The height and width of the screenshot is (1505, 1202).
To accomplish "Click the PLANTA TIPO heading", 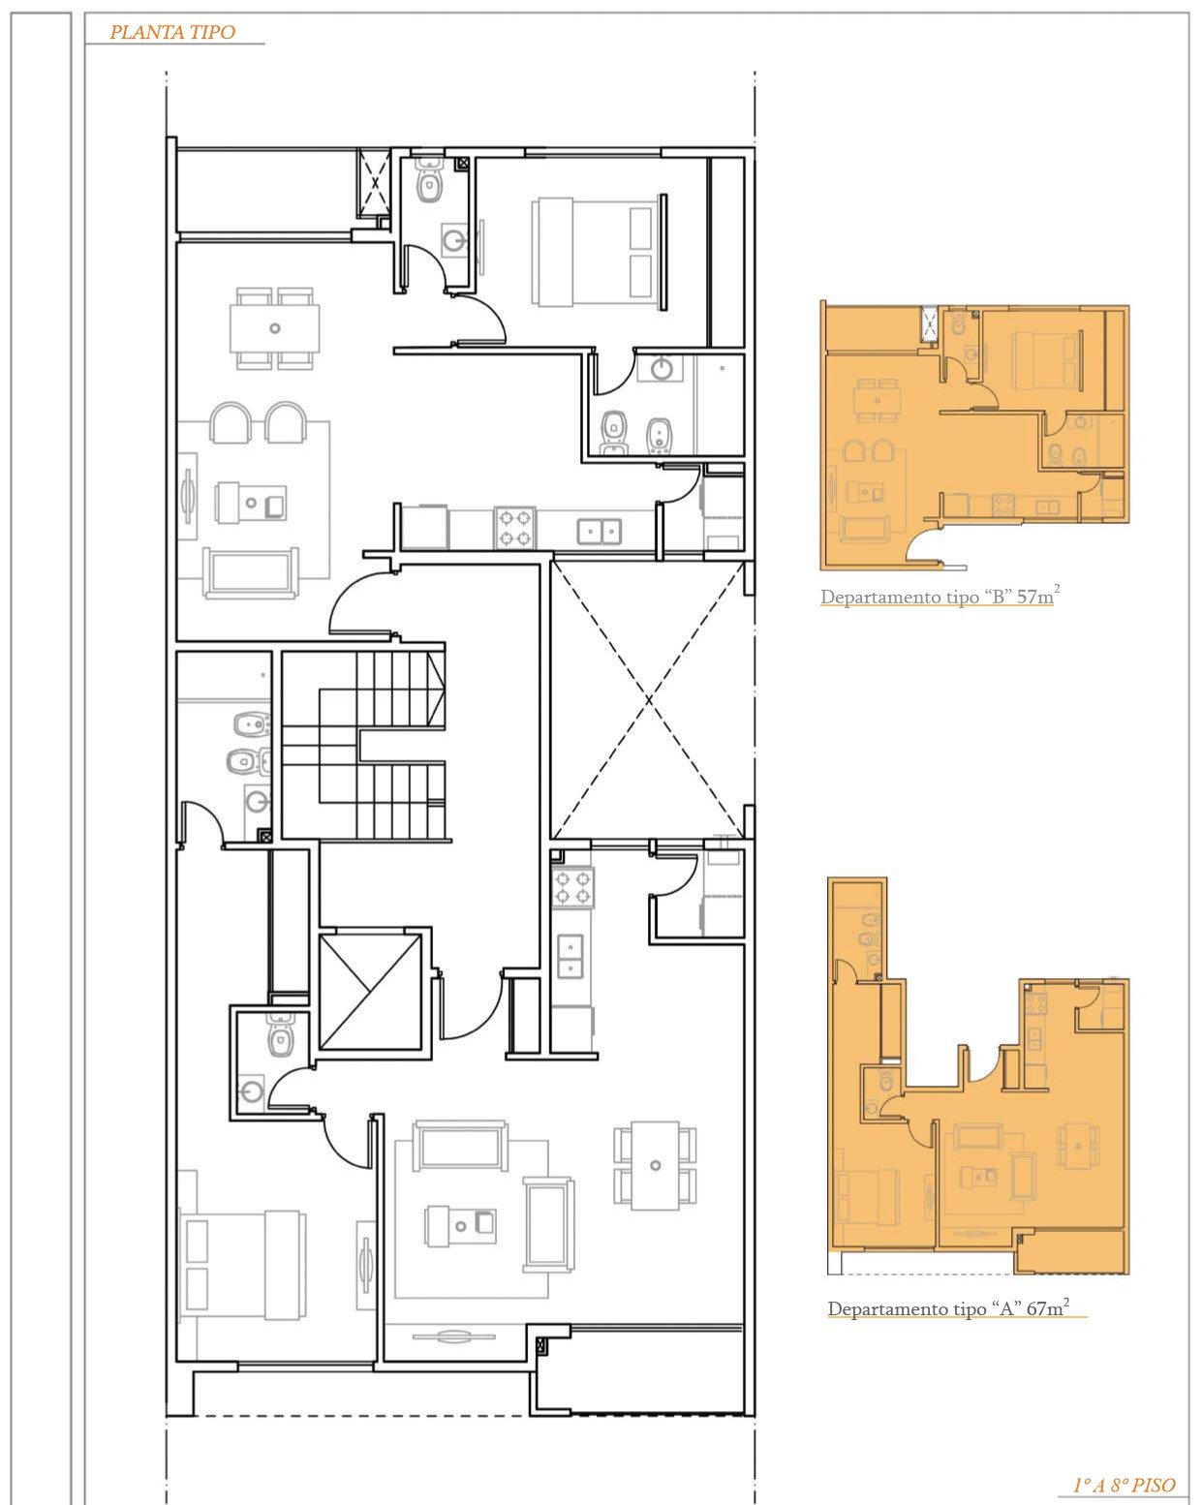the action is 172,32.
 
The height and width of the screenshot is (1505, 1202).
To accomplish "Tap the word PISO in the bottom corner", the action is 1154,1485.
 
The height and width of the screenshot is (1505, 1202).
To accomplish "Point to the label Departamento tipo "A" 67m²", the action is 948,1307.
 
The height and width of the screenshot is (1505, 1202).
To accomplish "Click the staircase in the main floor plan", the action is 364,745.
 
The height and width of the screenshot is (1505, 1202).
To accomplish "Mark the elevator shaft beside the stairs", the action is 371,991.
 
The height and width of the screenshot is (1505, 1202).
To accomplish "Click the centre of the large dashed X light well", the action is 648,698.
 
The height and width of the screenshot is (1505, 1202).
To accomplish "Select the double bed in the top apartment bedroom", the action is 600,250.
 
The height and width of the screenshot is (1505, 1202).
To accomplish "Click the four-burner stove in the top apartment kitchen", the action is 515,528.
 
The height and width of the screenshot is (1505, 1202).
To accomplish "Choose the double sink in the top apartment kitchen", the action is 599,532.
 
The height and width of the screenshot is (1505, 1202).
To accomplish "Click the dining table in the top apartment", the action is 274,328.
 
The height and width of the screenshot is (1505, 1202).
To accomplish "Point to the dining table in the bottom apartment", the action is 655,1165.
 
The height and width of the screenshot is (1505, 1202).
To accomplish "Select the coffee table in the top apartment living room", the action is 251,502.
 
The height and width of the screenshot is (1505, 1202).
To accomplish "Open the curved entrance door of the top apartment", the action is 360,601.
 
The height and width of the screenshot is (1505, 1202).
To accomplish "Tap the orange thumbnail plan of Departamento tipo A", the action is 978,1076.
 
